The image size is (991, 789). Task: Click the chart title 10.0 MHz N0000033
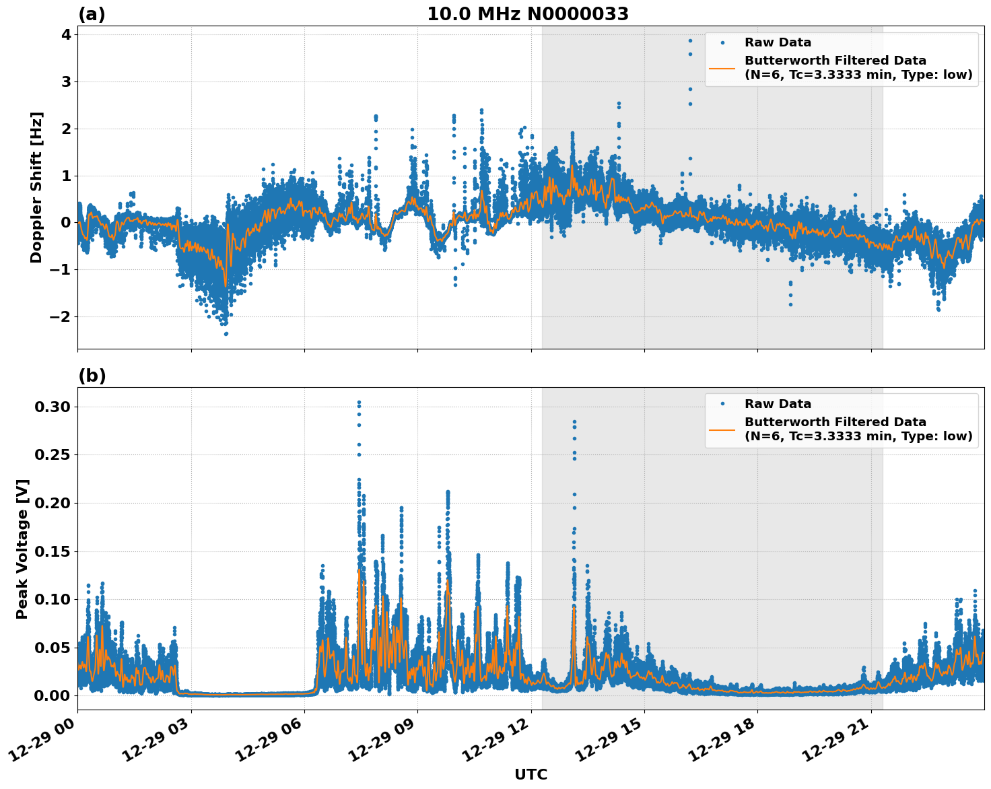point(527,14)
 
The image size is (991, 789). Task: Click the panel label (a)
point(92,14)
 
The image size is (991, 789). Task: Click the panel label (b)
point(92,376)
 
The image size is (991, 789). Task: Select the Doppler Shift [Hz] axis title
point(36,187)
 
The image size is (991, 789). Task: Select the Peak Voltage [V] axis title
point(22,549)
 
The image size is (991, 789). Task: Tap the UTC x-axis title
point(531,774)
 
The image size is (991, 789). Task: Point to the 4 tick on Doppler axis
point(66,35)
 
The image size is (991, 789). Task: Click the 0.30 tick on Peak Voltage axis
point(53,407)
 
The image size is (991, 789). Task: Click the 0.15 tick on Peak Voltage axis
point(53,551)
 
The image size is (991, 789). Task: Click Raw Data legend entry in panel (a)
point(778,42)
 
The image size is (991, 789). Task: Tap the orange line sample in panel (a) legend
point(722,67)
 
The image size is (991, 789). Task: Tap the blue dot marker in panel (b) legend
point(722,404)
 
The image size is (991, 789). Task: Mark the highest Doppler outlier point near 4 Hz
point(690,40)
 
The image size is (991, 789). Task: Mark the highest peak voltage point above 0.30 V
point(359,403)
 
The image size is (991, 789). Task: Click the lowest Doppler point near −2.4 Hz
point(226,333)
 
